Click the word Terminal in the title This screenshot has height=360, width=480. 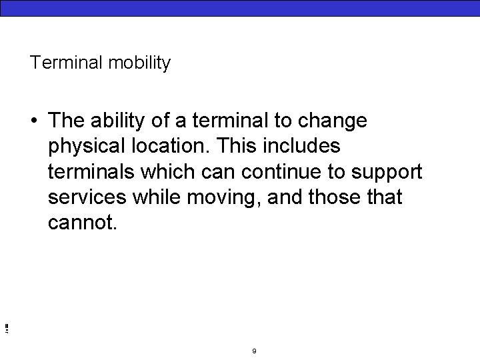point(55,63)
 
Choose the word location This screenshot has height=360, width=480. point(174,146)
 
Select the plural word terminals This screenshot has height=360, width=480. point(91,172)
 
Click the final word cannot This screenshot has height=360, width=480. point(82,223)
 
